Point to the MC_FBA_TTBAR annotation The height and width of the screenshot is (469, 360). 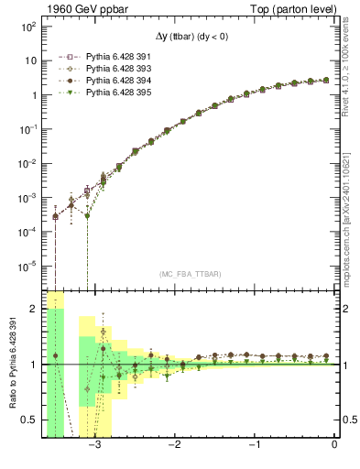click(190, 274)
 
